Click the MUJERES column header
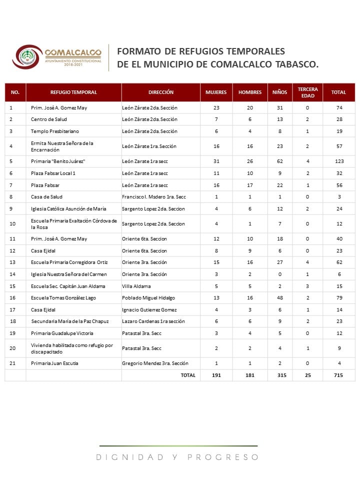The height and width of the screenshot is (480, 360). point(216,92)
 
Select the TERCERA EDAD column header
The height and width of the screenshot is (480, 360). point(307,92)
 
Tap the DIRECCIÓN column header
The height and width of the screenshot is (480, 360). point(161,92)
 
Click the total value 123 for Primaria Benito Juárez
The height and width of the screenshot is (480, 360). point(338,161)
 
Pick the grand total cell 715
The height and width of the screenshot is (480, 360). point(338,375)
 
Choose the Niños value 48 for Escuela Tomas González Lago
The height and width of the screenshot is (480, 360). point(280,298)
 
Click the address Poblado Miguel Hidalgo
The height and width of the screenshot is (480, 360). point(148,298)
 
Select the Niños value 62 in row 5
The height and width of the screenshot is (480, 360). point(280,161)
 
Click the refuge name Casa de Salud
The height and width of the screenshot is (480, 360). point(46,196)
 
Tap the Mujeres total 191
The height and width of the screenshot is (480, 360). point(216,375)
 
